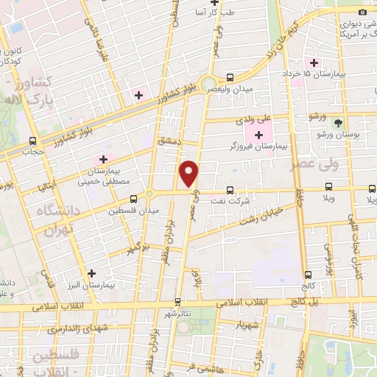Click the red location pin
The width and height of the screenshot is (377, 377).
tap(189, 173)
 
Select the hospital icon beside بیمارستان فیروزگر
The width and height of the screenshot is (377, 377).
tap(258, 135)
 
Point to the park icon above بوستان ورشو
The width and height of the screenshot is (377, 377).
tap(337, 123)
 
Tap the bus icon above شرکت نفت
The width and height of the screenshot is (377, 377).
tap(230, 188)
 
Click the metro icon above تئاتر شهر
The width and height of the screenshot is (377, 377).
tap(177, 301)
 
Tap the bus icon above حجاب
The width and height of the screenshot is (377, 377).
tap(32, 141)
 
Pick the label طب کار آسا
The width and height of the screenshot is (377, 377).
tap(217, 13)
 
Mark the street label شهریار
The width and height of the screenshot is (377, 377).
tap(244, 324)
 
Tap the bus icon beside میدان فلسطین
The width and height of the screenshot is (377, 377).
tap(133, 198)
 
